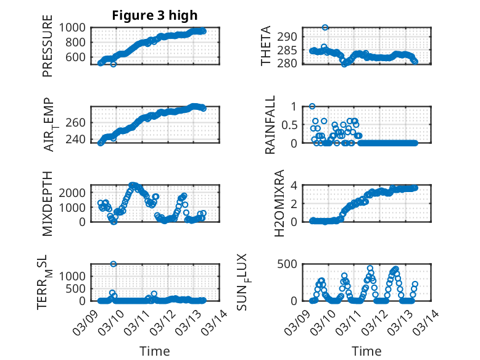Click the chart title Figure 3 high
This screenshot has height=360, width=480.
click(x=155, y=15)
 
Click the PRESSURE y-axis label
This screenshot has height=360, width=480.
click(x=48, y=51)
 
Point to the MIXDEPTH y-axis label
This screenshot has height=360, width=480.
click(x=48, y=204)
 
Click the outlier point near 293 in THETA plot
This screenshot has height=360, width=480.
click(x=325, y=28)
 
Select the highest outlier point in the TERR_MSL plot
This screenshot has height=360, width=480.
click(x=114, y=264)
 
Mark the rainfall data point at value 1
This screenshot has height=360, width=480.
click(x=312, y=106)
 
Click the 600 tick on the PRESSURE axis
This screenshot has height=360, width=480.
click(x=79, y=57)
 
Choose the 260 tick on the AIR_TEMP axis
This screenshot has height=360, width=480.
click(x=79, y=122)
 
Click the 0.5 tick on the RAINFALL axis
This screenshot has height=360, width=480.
click(x=290, y=125)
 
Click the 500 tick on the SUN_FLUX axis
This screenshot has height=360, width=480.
click(x=291, y=264)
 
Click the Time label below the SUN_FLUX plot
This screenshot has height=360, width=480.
click(x=366, y=351)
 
